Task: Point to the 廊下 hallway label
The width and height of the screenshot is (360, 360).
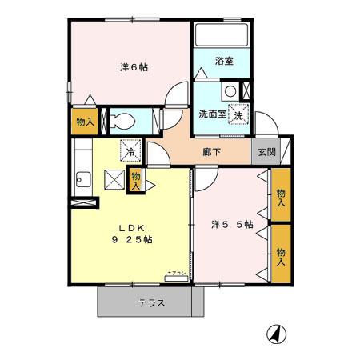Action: (x=211, y=152)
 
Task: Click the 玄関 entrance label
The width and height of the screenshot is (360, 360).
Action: (x=263, y=151)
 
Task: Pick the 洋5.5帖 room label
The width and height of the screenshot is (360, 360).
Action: (x=232, y=224)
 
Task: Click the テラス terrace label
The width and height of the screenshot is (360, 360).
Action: (x=151, y=303)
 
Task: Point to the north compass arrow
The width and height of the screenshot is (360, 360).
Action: (x=274, y=333)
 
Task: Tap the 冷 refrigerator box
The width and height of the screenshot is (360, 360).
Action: (x=128, y=150)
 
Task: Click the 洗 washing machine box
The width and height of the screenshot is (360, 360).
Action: (x=237, y=114)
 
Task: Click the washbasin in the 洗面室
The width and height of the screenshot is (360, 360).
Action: (x=230, y=90)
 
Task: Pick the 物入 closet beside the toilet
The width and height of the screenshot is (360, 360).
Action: (x=82, y=122)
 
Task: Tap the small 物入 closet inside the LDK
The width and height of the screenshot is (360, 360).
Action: (x=136, y=178)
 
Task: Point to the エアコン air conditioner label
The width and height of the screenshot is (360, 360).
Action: (x=176, y=273)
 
